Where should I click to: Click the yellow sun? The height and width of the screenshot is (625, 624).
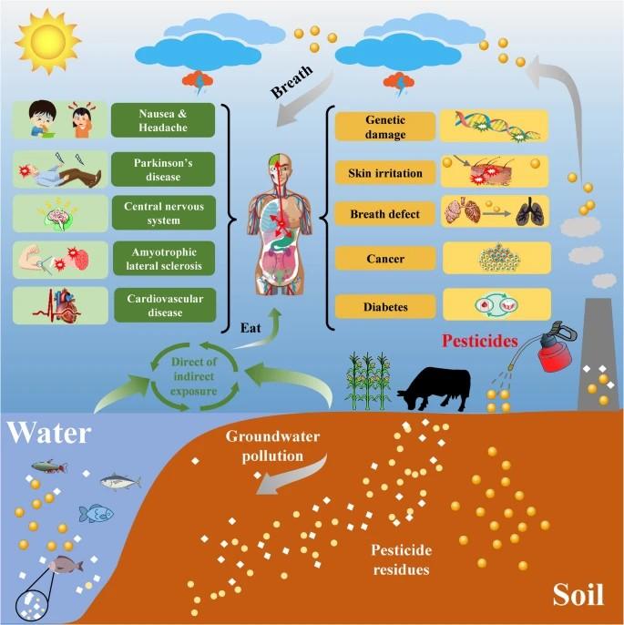point(47,42)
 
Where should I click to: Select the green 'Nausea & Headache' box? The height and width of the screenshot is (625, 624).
point(163,120)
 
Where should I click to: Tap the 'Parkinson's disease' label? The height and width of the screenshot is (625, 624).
point(163,169)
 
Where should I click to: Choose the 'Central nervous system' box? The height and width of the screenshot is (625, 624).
point(164,213)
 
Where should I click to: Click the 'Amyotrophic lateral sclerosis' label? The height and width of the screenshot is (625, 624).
point(164,259)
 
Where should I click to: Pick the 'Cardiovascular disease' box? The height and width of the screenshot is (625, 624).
point(165,305)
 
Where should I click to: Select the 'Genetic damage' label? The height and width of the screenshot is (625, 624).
point(385,127)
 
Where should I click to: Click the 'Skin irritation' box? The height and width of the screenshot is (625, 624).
point(385,173)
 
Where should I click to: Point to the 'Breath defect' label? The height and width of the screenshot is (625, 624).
point(385,214)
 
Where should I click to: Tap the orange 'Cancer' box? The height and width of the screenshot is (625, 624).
point(385,259)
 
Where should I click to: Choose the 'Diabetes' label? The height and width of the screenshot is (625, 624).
point(385,307)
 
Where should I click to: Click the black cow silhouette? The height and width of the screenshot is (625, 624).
point(435,389)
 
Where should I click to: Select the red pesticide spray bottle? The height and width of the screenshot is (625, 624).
point(555,349)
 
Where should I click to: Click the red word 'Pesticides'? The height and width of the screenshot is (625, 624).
point(480,341)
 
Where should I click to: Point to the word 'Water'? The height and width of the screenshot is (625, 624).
point(49,433)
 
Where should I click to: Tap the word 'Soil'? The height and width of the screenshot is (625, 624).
point(578,595)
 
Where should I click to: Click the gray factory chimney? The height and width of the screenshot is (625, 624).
point(597,353)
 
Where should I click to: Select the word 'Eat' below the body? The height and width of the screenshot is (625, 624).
point(251,328)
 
